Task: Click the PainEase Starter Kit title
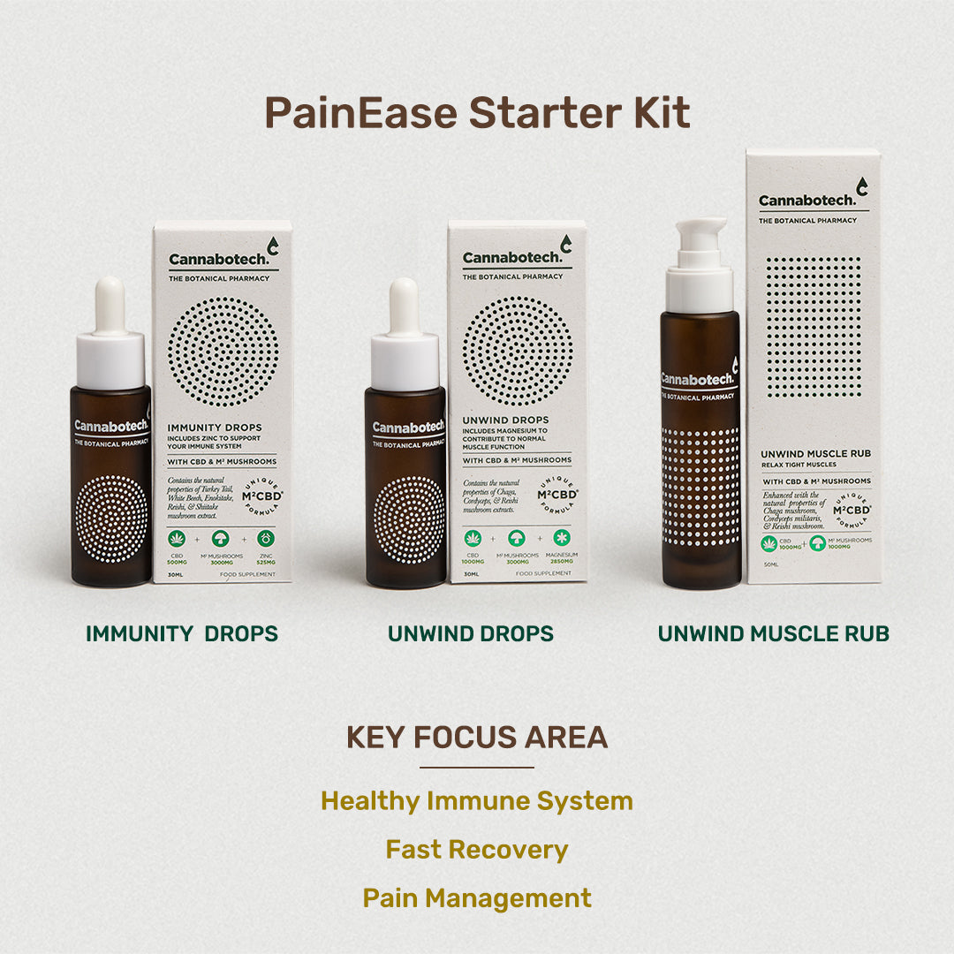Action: coord(477,113)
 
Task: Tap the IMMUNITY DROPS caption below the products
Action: coord(182,633)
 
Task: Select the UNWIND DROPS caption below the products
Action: coord(471,633)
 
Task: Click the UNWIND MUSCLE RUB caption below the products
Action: coord(774,633)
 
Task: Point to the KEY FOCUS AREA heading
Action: coord(477,738)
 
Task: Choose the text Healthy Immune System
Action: coord(477,801)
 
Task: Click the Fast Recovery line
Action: coord(477,850)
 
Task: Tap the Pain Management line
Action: coord(477,898)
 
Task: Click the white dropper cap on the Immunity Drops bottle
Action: coord(110,336)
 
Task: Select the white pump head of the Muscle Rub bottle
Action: coord(699,265)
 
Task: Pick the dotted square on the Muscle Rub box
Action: coord(813,327)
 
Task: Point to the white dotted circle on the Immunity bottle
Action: coord(111,519)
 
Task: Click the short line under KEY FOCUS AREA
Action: coord(477,768)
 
